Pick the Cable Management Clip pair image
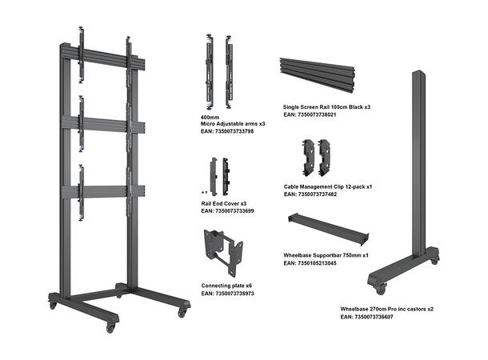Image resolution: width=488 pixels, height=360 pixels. [318, 156]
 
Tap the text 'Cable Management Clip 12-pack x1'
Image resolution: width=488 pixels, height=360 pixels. [329, 186]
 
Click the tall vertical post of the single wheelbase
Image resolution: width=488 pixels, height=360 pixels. [417, 160]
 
